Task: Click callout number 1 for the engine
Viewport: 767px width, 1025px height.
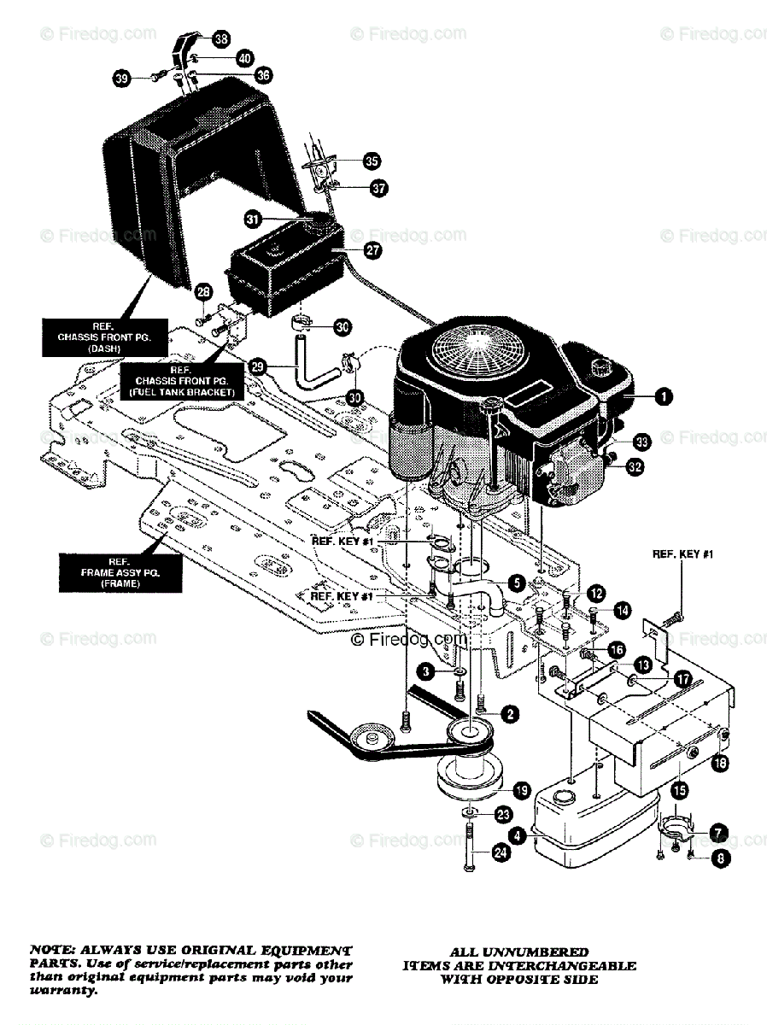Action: coord(662,395)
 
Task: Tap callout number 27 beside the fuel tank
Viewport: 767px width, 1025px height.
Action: coord(372,250)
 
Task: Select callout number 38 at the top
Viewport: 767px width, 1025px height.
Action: coord(221,38)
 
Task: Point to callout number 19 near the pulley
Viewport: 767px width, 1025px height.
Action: coord(520,789)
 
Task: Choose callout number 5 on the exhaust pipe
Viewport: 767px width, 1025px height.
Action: coord(515,582)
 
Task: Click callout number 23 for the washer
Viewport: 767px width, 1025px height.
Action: coord(504,814)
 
